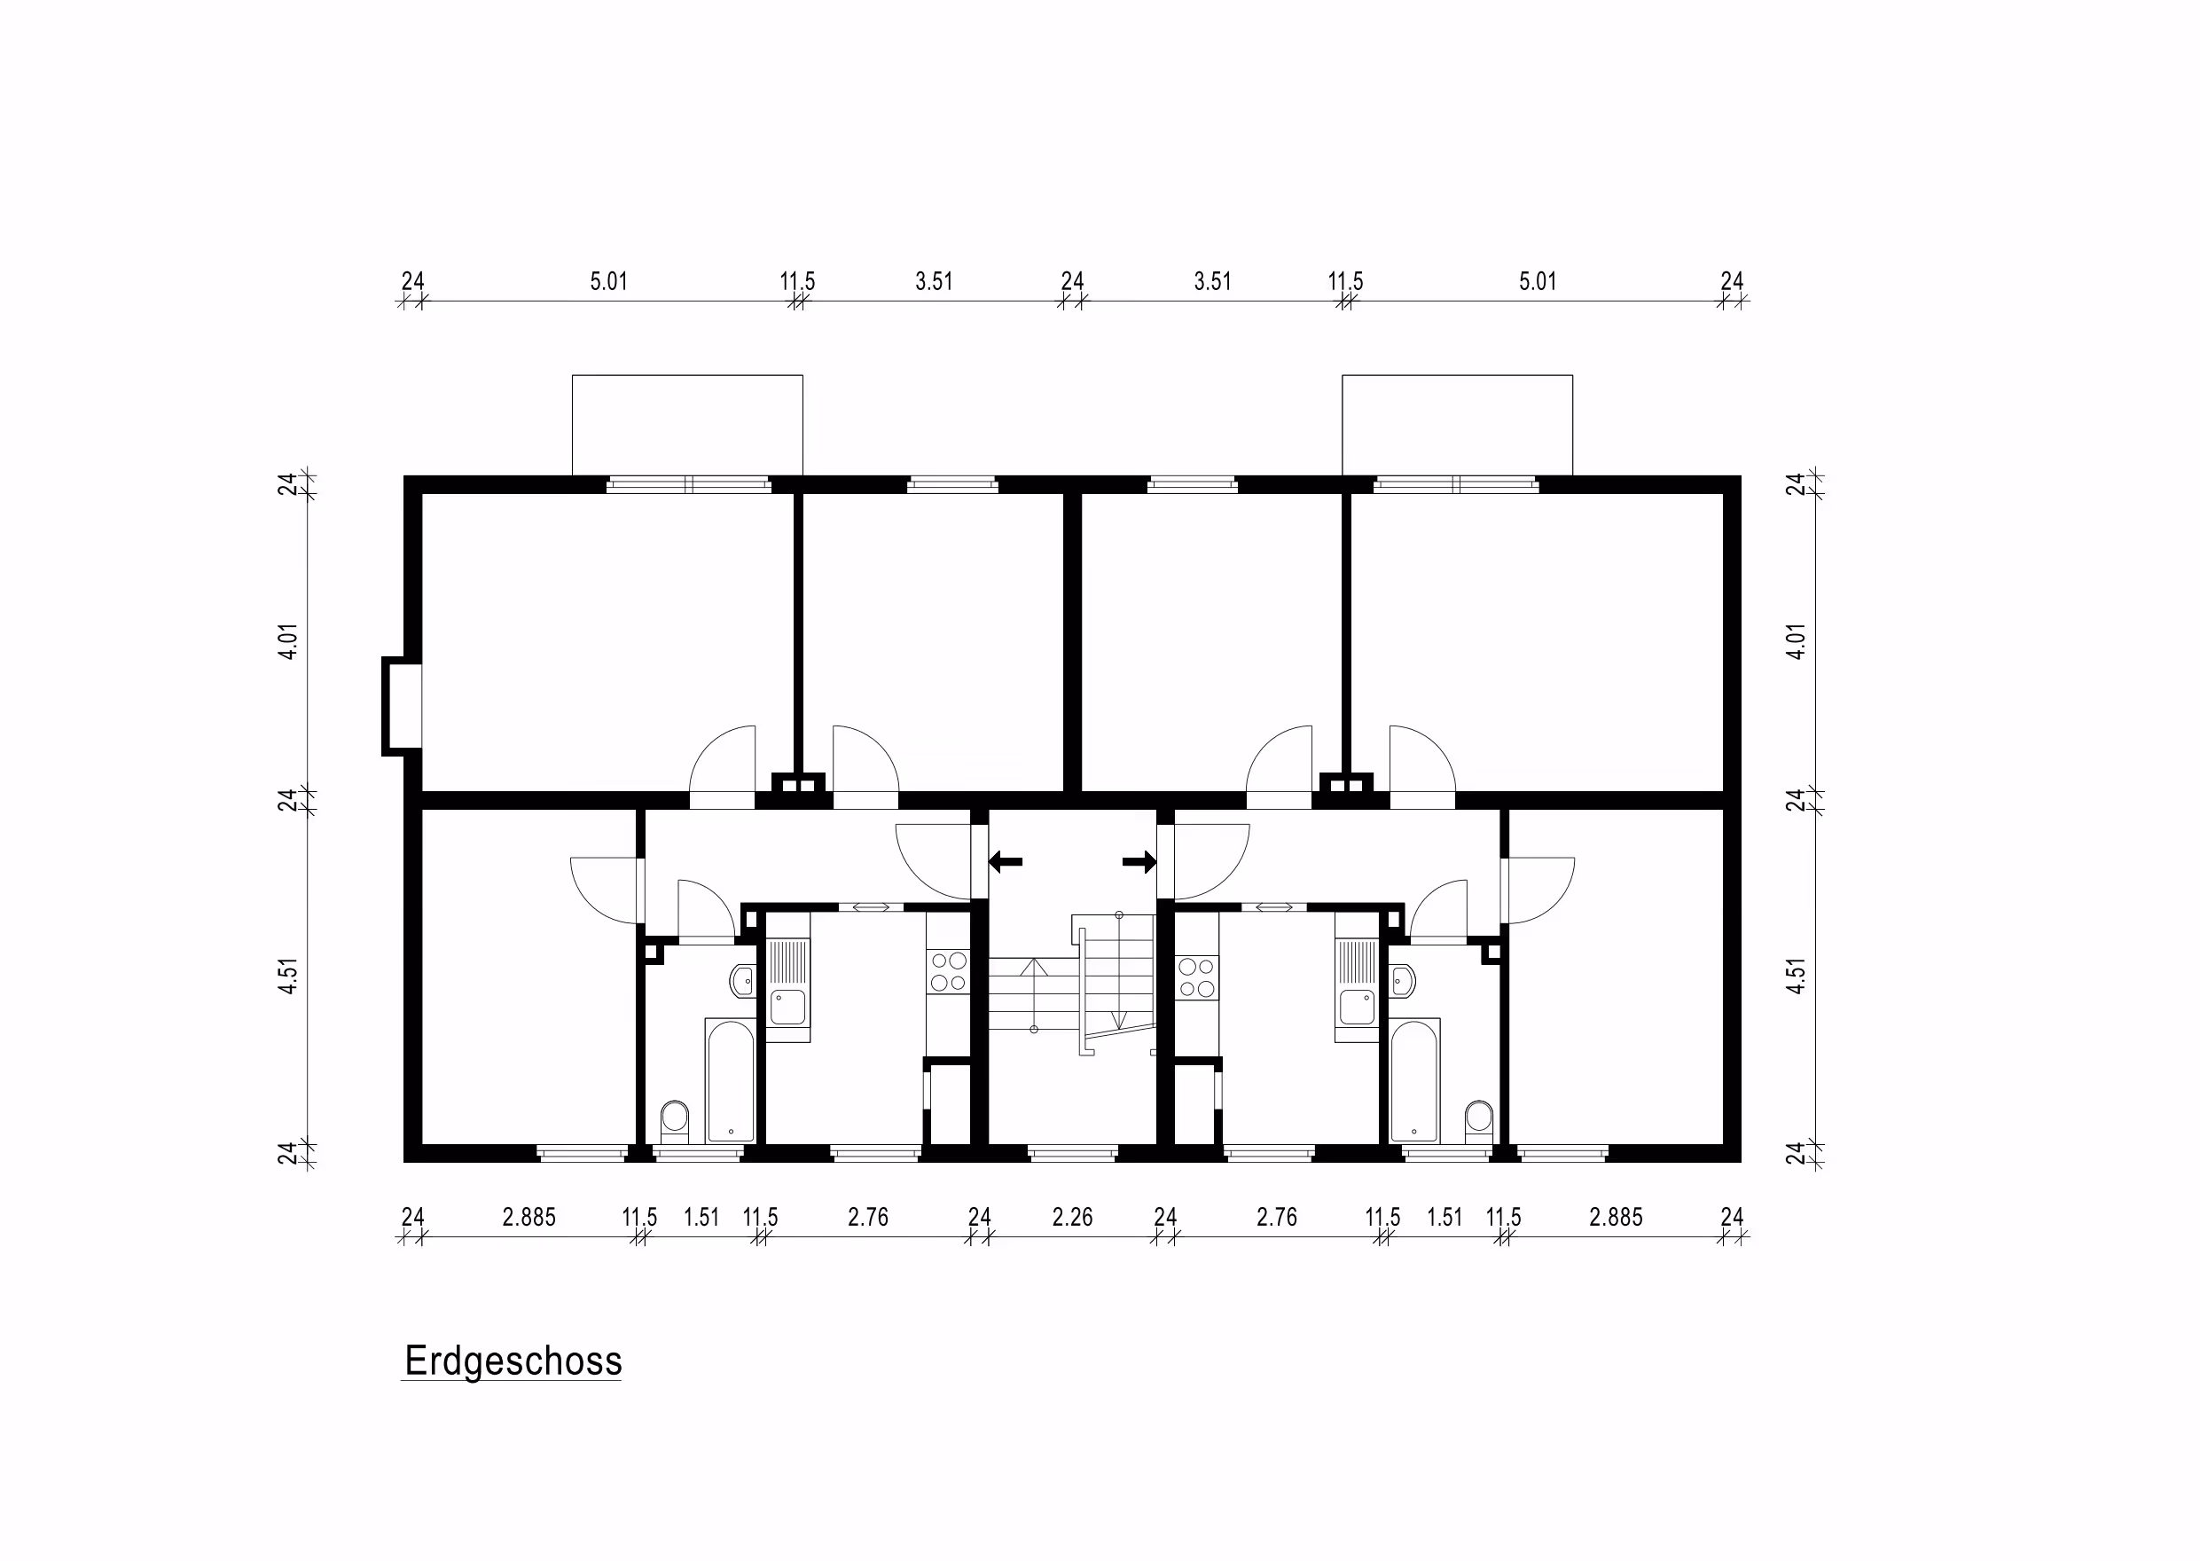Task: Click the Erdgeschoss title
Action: pos(513,1361)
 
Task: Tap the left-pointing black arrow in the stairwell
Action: pos(1006,861)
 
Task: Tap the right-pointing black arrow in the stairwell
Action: pos(1139,861)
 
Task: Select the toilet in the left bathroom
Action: pos(675,1121)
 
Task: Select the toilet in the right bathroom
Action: pos(1478,1121)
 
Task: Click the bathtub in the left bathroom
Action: pos(731,1080)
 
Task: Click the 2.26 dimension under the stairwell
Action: pos(1073,1218)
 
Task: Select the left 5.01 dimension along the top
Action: pos(608,282)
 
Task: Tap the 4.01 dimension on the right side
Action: pos(1797,641)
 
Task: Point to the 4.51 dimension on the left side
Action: pos(288,977)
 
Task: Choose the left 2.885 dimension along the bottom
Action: pos(528,1218)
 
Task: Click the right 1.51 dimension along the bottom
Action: pos(1444,1218)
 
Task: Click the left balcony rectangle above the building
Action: pos(687,425)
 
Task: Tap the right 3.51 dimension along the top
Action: pos(1213,282)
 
